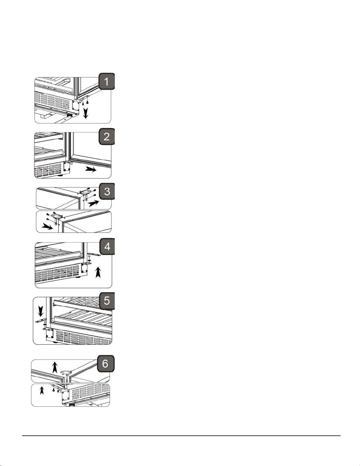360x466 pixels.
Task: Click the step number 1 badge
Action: pyautogui.click(x=106, y=81)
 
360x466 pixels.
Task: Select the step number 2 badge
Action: pyautogui.click(x=106, y=136)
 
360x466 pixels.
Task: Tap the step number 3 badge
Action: pyautogui.click(x=107, y=191)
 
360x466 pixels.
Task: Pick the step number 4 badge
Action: pyautogui.click(x=107, y=247)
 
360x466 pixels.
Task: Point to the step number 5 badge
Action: pyautogui.click(x=107, y=301)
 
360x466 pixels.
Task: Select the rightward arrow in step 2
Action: pyautogui.click(x=91, y=170)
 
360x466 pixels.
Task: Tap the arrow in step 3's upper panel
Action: pyautogui.click(x=94, y=203)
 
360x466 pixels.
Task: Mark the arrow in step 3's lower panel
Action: pyautogui.click(x=47, y=226)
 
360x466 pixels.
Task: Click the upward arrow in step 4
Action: pyautogui.click(x=98, y=272)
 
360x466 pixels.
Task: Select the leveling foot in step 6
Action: pyautogui.click(x=71, y=404)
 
